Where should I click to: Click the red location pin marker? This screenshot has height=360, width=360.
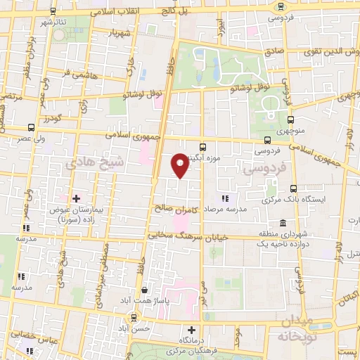click(180, 165)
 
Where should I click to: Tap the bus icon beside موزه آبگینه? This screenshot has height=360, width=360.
click(203, 147)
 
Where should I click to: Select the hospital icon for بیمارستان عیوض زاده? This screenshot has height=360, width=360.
click(76, 199)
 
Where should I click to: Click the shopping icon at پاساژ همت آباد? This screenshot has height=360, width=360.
click(144, 290)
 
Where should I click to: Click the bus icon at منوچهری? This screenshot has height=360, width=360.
click(290, 120)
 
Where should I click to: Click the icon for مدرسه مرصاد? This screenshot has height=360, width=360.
click(225, 199)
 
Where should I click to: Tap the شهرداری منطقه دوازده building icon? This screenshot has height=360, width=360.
click(282, 222)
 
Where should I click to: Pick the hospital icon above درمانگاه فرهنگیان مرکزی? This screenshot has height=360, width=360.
click(191, 330)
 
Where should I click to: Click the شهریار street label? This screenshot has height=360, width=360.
click(118, 33)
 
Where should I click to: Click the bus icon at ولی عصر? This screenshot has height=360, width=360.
click(31, 127)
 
